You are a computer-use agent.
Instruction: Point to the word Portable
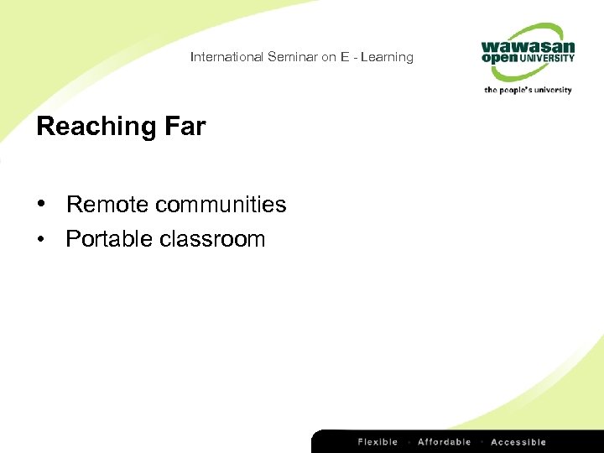pyautogui.click(x=106, y=239)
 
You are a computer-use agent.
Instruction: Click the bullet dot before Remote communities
pyautogui.click(x=40, y=205)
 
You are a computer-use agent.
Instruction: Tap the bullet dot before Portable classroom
pyautogui.click(x=40, y=240)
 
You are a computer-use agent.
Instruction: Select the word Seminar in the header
pyautogui.click(x=289, y=57)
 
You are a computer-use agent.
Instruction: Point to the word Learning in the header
pyautogui.click(x=387, y=57)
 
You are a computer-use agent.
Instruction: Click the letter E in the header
pyautogui.click(x=345, y=57)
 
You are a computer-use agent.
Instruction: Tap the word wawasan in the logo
pyautogui.click(x=528, y=47)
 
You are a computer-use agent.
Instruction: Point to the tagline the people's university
pyautogui.click(x=528, y=90)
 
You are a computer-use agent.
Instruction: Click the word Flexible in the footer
pyautogui.click(x=377, y=442)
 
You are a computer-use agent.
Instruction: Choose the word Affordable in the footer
pyautogui.click(x=444, y=442)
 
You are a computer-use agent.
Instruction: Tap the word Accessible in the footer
pyautogui.click(x=518, y=442)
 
